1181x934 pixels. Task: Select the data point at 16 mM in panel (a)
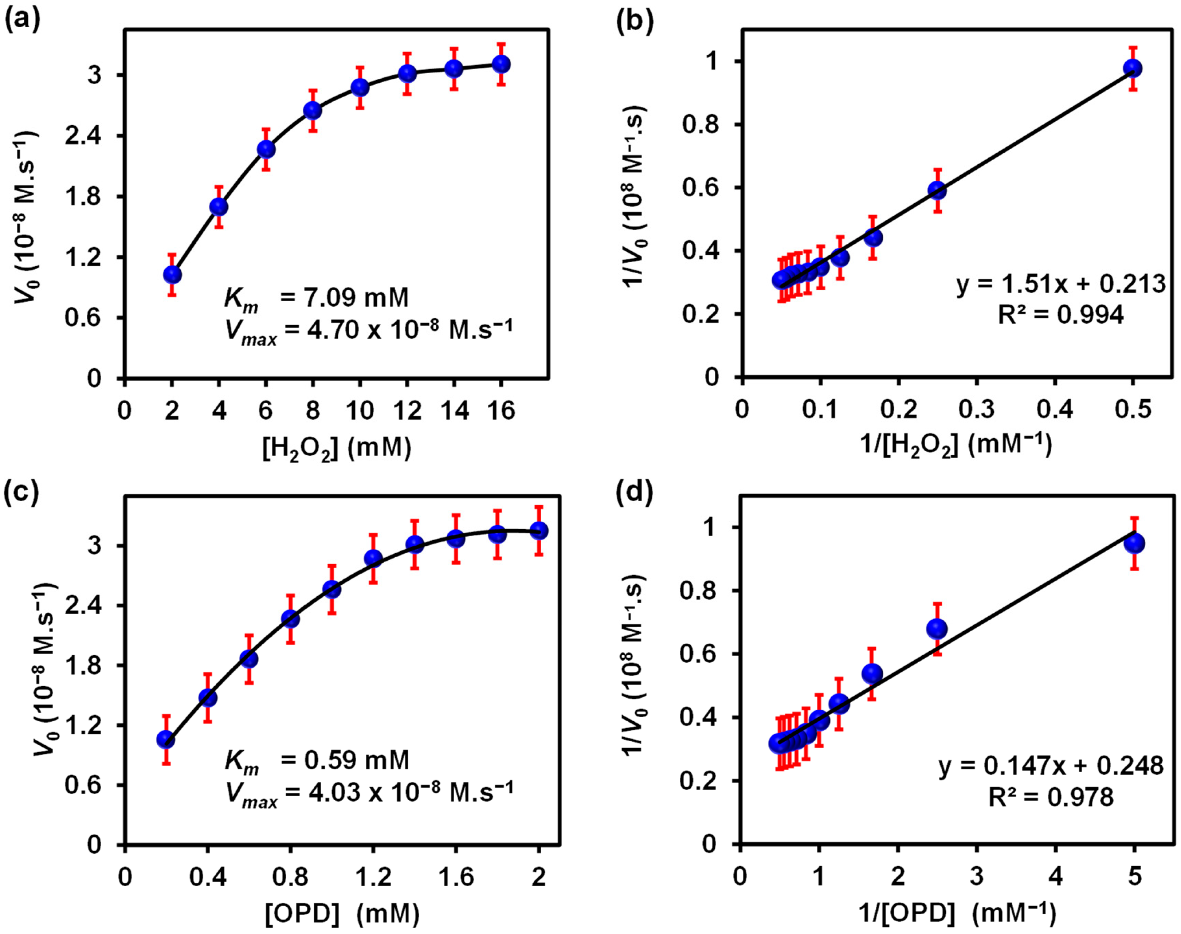(x=501, y=64)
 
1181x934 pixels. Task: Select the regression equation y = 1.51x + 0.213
(x=1061, y=285)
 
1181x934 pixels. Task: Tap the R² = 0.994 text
(x=1061, y=315)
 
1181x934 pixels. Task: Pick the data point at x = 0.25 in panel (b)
(x=937, y=190)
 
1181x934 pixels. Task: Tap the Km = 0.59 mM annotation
(x=317, y=760)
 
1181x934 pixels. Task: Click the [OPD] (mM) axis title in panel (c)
(x=342, y=913)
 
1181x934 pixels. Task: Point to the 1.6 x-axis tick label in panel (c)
(x=455, y=876)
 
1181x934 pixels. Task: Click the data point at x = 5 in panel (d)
(x=1134, y=543)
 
